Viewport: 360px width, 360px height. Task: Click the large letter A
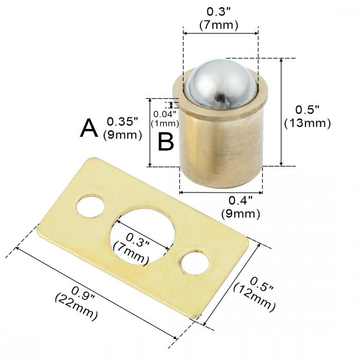(89, 129)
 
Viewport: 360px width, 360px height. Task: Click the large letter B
(166, 141)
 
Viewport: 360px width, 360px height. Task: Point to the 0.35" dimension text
(122, 122)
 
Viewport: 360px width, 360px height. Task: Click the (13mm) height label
(307, 123)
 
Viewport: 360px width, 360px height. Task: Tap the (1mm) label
(165, 123)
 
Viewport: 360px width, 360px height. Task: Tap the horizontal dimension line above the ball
(221, 33)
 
